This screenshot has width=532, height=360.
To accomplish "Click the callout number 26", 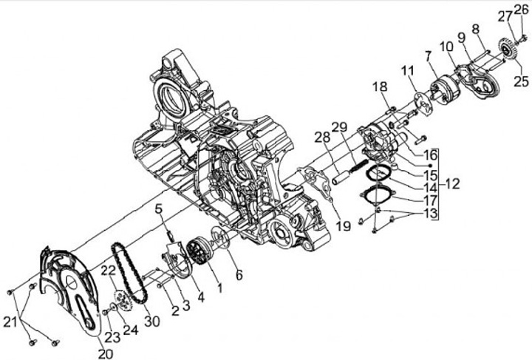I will [x=522, y=10].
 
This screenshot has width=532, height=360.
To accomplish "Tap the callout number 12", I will [x=451, y=183].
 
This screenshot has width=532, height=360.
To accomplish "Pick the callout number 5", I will [x=158, y=208].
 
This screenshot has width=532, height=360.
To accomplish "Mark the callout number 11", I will [x=407, y=70].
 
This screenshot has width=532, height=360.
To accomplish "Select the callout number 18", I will [x=379, y=87].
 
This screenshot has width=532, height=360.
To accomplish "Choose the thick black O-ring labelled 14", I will [x=378, y=174].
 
